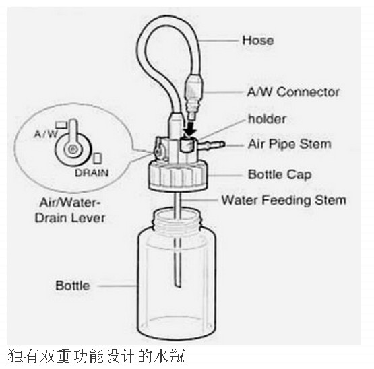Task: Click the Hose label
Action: pyautogui.click(x=258, y=40)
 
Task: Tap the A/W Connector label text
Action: pyautogui.click(x=293, y=92)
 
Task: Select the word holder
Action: pyautogui.click(x=267, y=119)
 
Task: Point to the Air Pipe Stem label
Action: pyautogui.click(x=290, y=144)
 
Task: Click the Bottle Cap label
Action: pyautogui.click(x=280, y=174)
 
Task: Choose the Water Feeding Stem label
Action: pyautogui.click(x=284, y=200)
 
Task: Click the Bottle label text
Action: pyautogui.click(x=73, y=286)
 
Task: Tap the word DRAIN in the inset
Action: pyautogui.click(x=92, y=173)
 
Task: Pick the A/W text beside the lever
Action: pyautogui.click(x=46, y=134)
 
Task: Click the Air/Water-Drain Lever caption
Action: pyautogui.click(x=70, y=211)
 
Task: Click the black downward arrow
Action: pyautogui.click(x=191, y=129)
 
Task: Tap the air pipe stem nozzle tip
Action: pyautogui.click(x=222, y=144)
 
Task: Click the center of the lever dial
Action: pyautogui.click(x=72, y=149)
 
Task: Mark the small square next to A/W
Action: pyautogui.click(x=61, y=125)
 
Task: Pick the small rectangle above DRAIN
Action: pyautogui.click(x=97, y=158)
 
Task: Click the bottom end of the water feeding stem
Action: pyautogui.click(x=177, y=285)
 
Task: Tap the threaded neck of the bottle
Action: pyautogui.click(x=177, y=220)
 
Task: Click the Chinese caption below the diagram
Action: pyautogui.click(x=96, y=356)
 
